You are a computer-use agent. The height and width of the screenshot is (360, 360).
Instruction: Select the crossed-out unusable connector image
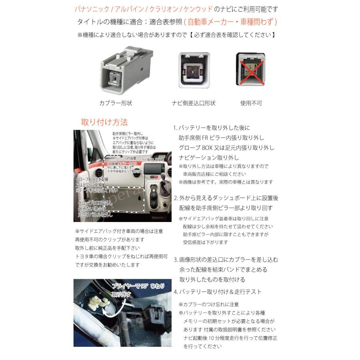point(250,69)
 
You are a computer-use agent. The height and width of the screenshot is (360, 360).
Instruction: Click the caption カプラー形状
point(116,103)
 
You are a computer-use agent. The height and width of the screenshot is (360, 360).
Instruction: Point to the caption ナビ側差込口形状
point(194,103)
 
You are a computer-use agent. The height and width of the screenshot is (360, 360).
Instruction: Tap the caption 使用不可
point(251,103)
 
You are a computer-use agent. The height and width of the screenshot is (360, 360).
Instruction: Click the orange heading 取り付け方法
point(104,122)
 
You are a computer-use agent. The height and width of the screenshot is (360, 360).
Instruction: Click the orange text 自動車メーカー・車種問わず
point(232,22)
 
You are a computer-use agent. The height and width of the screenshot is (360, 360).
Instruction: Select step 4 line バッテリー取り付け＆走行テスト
point(218,292)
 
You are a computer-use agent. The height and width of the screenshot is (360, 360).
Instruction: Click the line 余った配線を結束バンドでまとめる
point(223,270)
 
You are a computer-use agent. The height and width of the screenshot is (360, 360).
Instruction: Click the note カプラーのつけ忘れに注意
point(209,304)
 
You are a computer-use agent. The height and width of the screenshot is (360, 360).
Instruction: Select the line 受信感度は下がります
point(206,242)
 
